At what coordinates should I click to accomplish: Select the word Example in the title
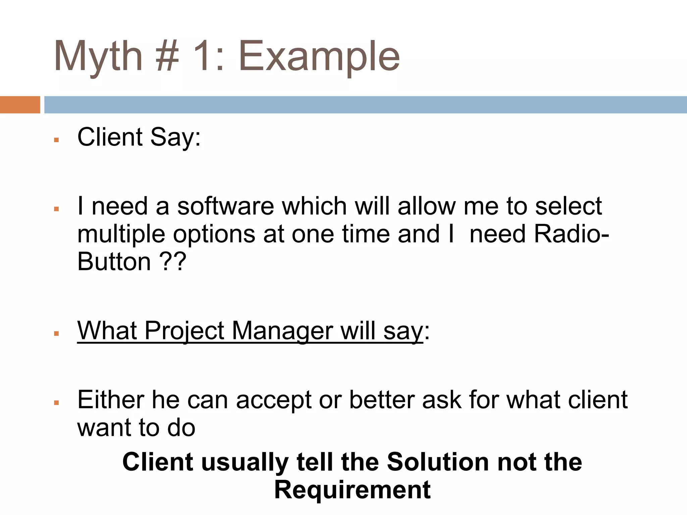(319, 56)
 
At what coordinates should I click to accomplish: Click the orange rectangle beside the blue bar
(20, 105)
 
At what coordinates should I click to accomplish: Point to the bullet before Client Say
(56, 140)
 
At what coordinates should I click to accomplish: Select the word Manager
(282, 331)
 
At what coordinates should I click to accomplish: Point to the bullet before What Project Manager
(56, 334)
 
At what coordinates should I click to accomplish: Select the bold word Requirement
(352, 490)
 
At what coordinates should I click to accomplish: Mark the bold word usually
(245, 462)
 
